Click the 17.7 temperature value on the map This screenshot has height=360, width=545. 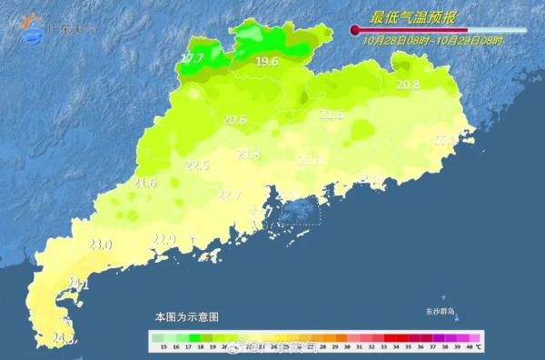pos(192,59)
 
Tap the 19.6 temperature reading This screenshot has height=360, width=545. pos(267,62)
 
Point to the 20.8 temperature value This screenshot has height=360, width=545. pos(408,85)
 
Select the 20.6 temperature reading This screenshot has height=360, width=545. pos(235,119)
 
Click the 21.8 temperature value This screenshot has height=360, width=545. pos(248,155)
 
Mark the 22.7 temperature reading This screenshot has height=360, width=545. pos(229,195)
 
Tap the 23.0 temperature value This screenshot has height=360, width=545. pos(100,245)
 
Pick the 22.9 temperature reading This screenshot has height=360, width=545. pos(163,240)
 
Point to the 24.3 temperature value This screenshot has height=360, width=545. pos(63,339)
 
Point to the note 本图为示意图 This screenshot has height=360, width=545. pos(186,317)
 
